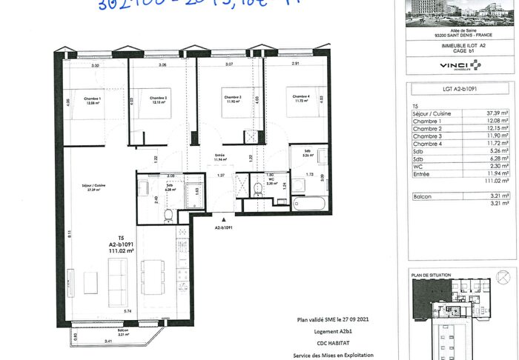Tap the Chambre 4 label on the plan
[x=300, y=97]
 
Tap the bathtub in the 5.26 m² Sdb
[x=308, y=201]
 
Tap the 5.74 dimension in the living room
[x=128, y=312]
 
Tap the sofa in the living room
[x=119, y=283]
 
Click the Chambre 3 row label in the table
[x=427, y=137]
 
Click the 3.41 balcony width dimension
[x=87, y=341]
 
